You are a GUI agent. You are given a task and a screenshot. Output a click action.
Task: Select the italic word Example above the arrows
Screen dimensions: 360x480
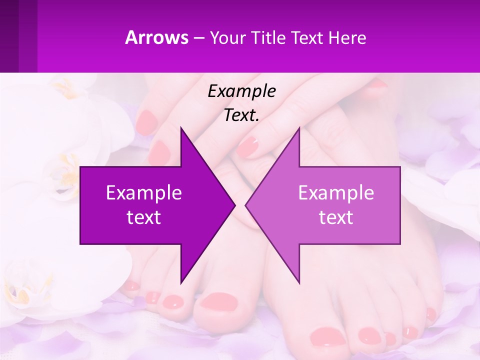click(241, 91)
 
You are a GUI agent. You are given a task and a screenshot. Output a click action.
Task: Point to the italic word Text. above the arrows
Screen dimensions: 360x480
click(241, 115)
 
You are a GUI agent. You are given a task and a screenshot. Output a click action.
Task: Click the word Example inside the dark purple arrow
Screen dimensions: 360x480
click(144, 193)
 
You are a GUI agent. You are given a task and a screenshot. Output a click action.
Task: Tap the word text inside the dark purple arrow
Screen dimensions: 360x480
click(144, 217)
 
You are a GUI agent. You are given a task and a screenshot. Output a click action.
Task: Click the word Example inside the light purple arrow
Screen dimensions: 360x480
click(336, 193)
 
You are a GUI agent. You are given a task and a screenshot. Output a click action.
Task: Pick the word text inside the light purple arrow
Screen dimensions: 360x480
click(336, 217)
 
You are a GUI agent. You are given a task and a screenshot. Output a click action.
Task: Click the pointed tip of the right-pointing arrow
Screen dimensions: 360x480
click(234, 205)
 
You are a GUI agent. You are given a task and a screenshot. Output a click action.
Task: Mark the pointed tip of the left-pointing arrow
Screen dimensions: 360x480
click(246, 205)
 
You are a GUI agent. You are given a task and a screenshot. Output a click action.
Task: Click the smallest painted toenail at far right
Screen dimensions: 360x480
click(430, 315)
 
